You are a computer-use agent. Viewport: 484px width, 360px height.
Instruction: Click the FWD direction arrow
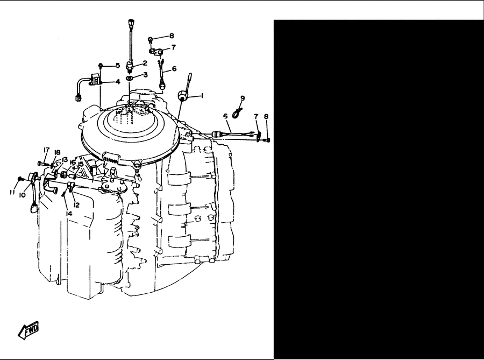coord(29,330)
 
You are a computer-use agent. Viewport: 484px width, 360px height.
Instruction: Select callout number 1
coord(202,96)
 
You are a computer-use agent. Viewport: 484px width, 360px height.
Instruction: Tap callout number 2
coord(145,63)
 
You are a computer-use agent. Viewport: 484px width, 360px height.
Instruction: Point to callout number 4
coord(118,82)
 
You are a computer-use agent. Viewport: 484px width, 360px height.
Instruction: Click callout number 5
coord(118,66)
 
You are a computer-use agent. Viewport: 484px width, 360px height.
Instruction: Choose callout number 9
coord(243,98)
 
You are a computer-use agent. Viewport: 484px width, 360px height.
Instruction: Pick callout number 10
coord(22,195)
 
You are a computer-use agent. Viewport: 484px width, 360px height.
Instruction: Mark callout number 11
coord(12,193)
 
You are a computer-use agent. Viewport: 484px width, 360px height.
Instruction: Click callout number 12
coord(76,205)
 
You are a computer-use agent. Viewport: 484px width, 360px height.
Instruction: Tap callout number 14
coord(69,213)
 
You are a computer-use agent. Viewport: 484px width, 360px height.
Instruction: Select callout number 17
coord(46,150)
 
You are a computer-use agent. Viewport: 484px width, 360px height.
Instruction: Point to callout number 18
coord(57,152)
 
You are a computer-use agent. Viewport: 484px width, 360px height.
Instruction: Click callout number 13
coord(65,160)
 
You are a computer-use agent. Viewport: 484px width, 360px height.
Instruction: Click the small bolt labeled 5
coord(101,66)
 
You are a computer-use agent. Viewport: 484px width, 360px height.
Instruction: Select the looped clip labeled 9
coord(237,112)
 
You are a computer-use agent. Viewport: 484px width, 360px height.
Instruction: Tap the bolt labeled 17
coord(42,163)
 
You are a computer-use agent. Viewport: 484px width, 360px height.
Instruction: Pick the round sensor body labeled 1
coord(182,96)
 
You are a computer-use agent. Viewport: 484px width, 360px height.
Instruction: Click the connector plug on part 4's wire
coord(78,98)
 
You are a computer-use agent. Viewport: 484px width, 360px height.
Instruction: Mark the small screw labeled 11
coord(20,179)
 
